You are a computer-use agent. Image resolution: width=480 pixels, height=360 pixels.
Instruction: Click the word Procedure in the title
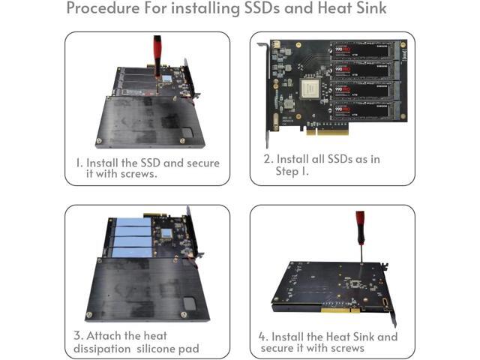(103, 8)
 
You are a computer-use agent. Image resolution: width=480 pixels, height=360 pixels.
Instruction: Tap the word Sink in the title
(371, 8)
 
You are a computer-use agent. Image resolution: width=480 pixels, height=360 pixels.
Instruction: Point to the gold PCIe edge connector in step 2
(328, 132)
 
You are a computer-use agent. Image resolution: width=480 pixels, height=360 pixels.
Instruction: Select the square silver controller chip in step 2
(310, 88)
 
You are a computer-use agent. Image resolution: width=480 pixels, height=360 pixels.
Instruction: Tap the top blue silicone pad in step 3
(133, 222)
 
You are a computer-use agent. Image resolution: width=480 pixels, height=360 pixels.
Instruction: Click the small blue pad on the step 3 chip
(166, 233)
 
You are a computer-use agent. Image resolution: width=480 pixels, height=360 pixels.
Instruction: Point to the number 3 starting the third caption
(77, 335)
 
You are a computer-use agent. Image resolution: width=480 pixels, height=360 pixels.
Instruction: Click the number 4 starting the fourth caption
(262, 337)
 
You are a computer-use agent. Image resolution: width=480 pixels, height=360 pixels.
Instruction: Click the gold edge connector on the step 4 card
(340, 310)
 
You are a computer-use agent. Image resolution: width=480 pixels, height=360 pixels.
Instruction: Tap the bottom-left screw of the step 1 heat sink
(99, 141)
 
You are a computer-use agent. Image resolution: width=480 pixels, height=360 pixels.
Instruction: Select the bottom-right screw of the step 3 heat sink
(184, 314)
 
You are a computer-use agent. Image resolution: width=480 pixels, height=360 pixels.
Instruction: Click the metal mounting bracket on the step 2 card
(265, 95)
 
